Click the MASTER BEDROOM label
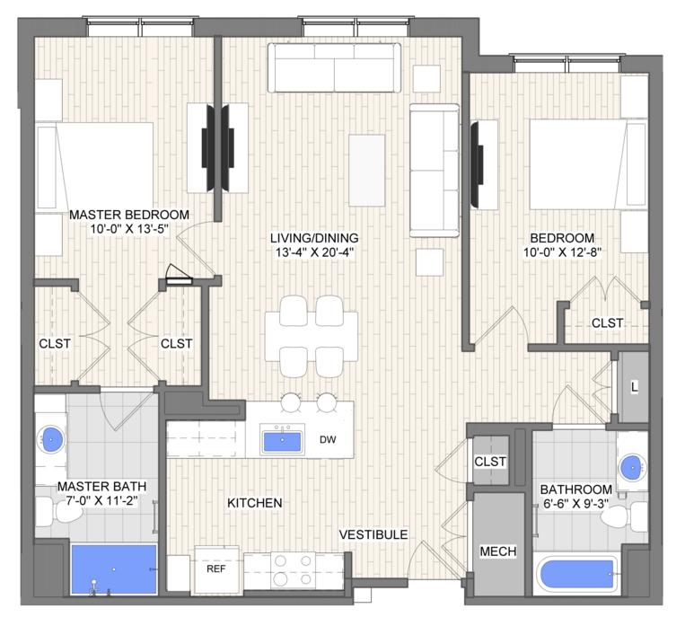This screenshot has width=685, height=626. [x=129, y=215]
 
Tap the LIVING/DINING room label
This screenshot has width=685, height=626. [x=314, y=238]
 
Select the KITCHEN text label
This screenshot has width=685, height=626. [x=255, y=503]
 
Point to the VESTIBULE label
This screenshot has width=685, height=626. [x=373, y=534]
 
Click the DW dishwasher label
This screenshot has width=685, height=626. [x=328, y=439]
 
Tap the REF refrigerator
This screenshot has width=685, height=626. [x=216, y=569]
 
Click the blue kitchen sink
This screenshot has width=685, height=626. [x=282, y=441]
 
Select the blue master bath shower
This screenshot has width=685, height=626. [x=114, y=569]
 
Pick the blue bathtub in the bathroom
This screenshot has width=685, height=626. [x=576, y=574]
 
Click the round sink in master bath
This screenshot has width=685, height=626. [x=51, y=438]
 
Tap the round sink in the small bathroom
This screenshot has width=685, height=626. [x=633, y=466]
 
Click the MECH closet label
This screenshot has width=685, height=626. [x=498, y=551]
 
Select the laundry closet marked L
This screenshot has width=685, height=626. [x=634, y=386]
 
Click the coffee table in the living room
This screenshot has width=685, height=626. [x=367, y=170]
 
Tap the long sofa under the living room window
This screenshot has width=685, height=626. [x=335, y=67]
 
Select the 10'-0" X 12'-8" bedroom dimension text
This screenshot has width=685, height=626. [x=563, y=252]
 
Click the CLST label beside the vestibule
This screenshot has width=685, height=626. [x=490, y=462]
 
